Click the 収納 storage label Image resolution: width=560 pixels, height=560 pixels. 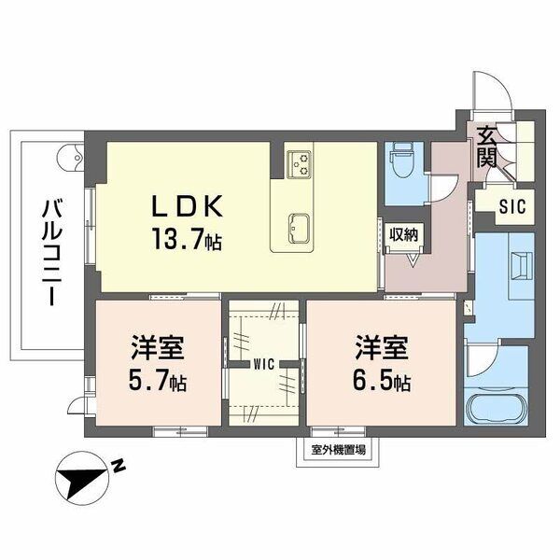[x=404, y=234]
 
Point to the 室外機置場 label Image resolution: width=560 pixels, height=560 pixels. [x=338, y=450]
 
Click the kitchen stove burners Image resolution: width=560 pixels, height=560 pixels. [x=301, y=163]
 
